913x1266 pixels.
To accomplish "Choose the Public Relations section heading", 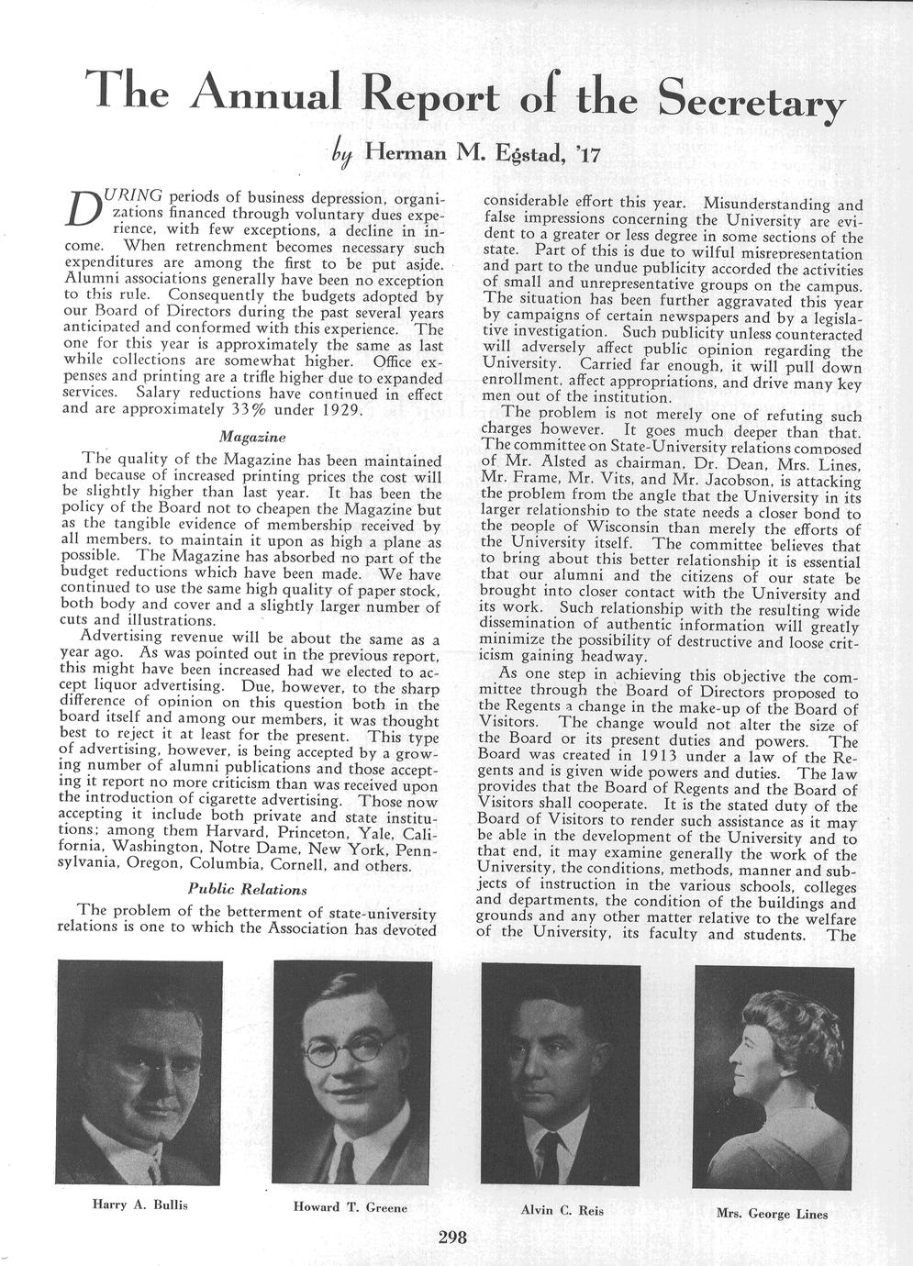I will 247,888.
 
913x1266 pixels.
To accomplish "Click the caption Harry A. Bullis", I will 139,1203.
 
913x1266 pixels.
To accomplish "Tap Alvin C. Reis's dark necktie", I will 549,1156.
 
